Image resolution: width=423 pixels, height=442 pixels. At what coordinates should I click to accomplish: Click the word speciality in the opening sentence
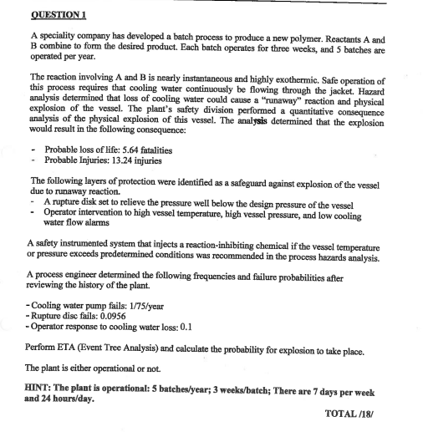point(61,39)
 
